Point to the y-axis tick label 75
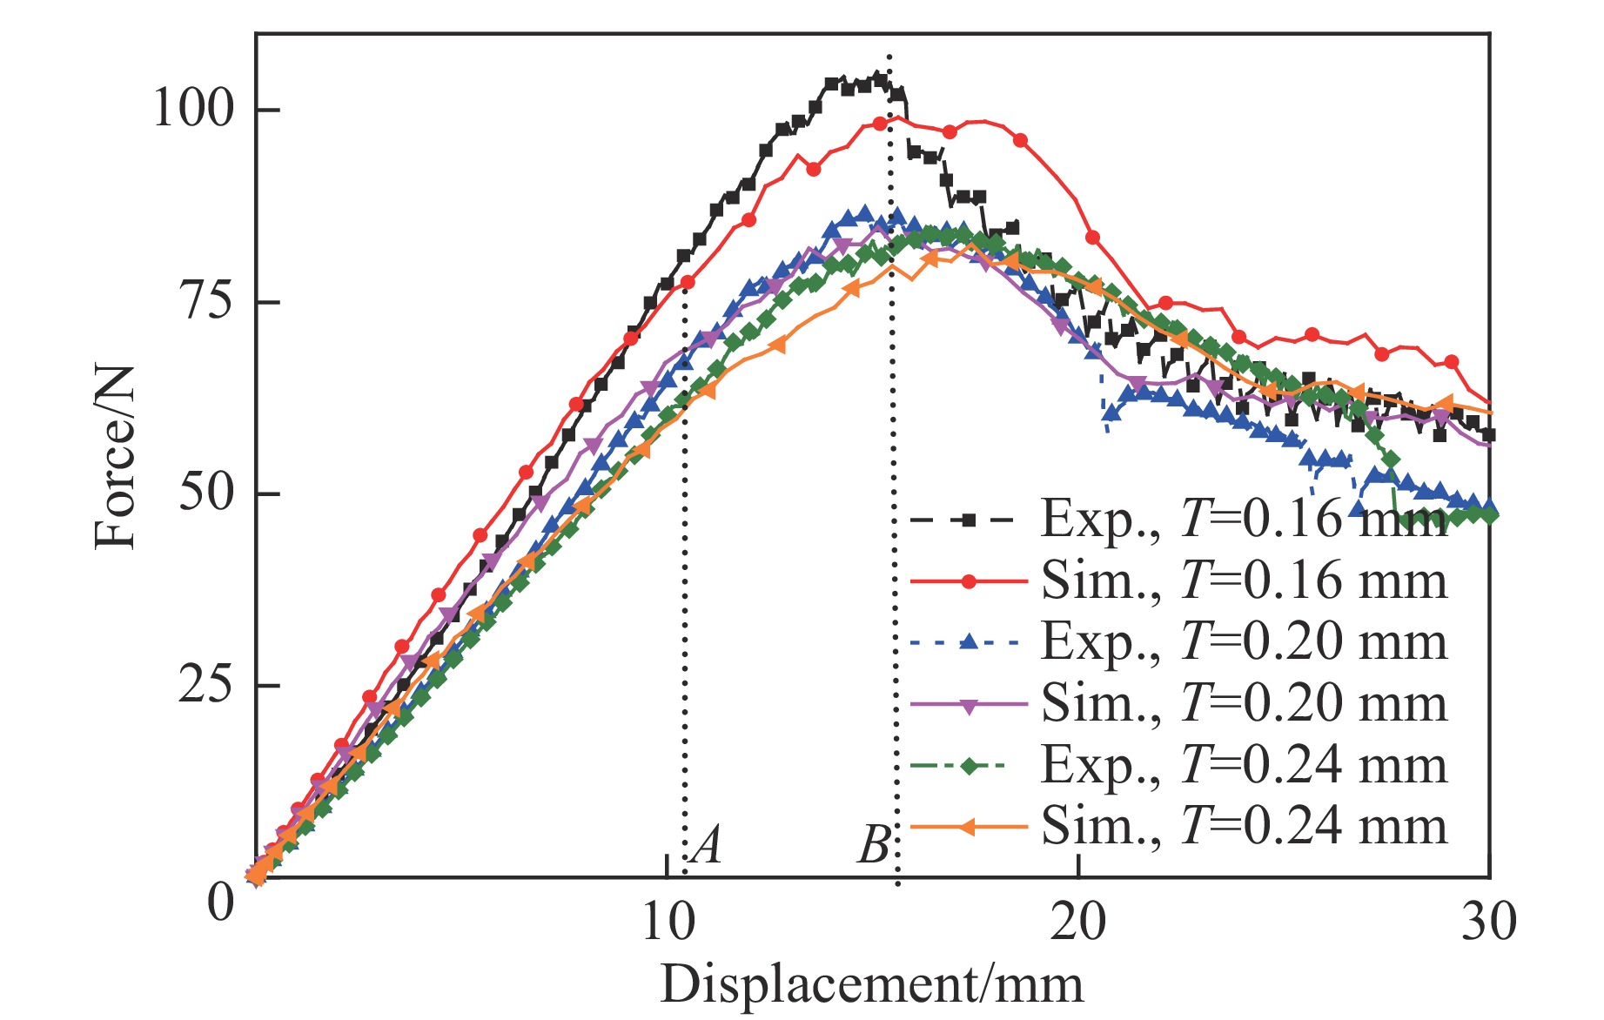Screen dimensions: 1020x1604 [x=206, y=301]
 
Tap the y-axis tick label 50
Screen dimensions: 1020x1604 [x=206, y=493]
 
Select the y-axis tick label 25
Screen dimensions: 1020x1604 [x=206, y=685]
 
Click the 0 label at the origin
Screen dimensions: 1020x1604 [x=221, y=903]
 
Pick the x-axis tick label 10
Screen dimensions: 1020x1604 [x=668, y=923]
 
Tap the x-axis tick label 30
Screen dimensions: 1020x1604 [x=1488, y=923]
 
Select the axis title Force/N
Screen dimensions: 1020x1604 [x=116, y=456]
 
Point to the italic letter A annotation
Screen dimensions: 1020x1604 [x=707, y=844]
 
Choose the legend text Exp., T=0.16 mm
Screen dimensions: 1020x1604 [x=1244, y=520]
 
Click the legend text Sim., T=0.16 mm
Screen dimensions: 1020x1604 [x=1244, y=580]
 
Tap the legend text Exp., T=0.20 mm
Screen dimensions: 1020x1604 [x=1244, y=642]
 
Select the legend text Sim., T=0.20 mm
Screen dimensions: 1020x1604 [x=1244, y=703]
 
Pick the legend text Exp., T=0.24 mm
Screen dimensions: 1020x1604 [x=1244, y=765]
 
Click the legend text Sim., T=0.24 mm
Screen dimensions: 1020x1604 [x=1244, y=826]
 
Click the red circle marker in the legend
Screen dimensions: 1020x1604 [x=968, y=581]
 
